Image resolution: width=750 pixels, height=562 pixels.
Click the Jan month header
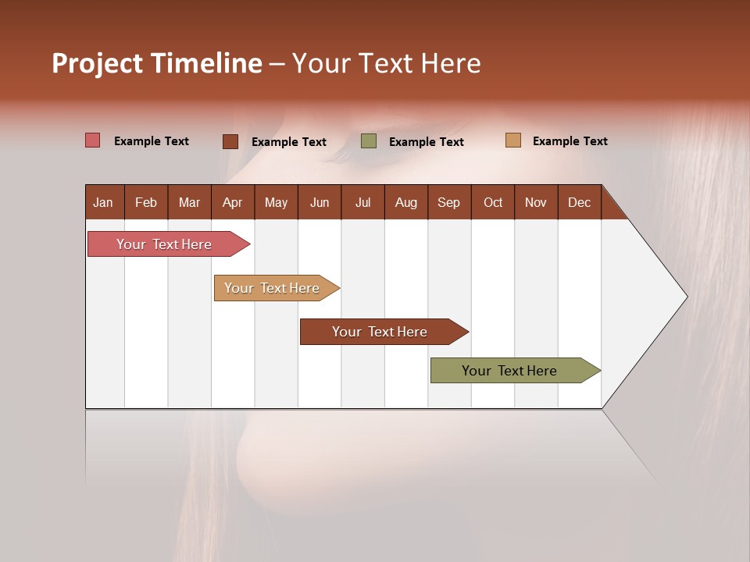pos(104,202)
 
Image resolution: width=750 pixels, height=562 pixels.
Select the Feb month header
pos(146,202)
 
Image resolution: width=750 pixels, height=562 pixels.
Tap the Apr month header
pos(233,202)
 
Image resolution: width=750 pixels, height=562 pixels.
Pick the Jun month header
pos(320,202)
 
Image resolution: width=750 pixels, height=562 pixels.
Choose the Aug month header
pos(406,202)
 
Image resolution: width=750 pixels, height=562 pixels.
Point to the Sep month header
pos(449,202)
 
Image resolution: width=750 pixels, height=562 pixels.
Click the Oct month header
pos(493,202)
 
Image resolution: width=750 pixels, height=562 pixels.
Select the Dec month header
pos(580,202)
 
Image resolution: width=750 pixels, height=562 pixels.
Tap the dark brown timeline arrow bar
pos(382,332)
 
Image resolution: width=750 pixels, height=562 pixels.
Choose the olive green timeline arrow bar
pos(512,371)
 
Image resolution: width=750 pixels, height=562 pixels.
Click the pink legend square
pos(93,140)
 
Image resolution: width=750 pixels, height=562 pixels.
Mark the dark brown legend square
pos(230,141)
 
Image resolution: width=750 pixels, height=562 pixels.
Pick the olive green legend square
pos(369,141)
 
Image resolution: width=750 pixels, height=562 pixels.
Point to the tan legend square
pos(513,140)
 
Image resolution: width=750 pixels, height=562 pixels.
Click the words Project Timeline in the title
pos(157,63)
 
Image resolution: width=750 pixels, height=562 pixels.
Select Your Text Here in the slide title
pos(387,63)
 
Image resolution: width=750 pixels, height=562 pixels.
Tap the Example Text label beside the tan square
pos(570,141)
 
